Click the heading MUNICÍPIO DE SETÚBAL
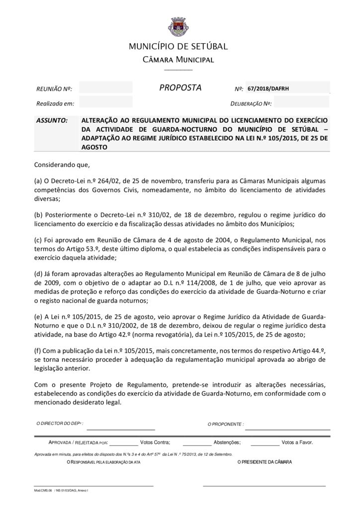[178, 47]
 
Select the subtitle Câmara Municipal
[178, 60]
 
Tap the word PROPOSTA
[180, 88]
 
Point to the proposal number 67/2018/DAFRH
[268, 88]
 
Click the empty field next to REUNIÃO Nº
[105, 88]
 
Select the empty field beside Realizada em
[105, 103]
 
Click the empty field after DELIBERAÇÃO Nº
[301, 103]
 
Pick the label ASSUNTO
[52, 120]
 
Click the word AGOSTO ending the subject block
[94, 147]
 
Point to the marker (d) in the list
[38, 274]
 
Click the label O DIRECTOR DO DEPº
[60, 424]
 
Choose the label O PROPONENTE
[225, 424]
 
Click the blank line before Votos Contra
[123, 442]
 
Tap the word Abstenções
[227, 442]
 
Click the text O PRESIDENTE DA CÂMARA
[265, 462]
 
